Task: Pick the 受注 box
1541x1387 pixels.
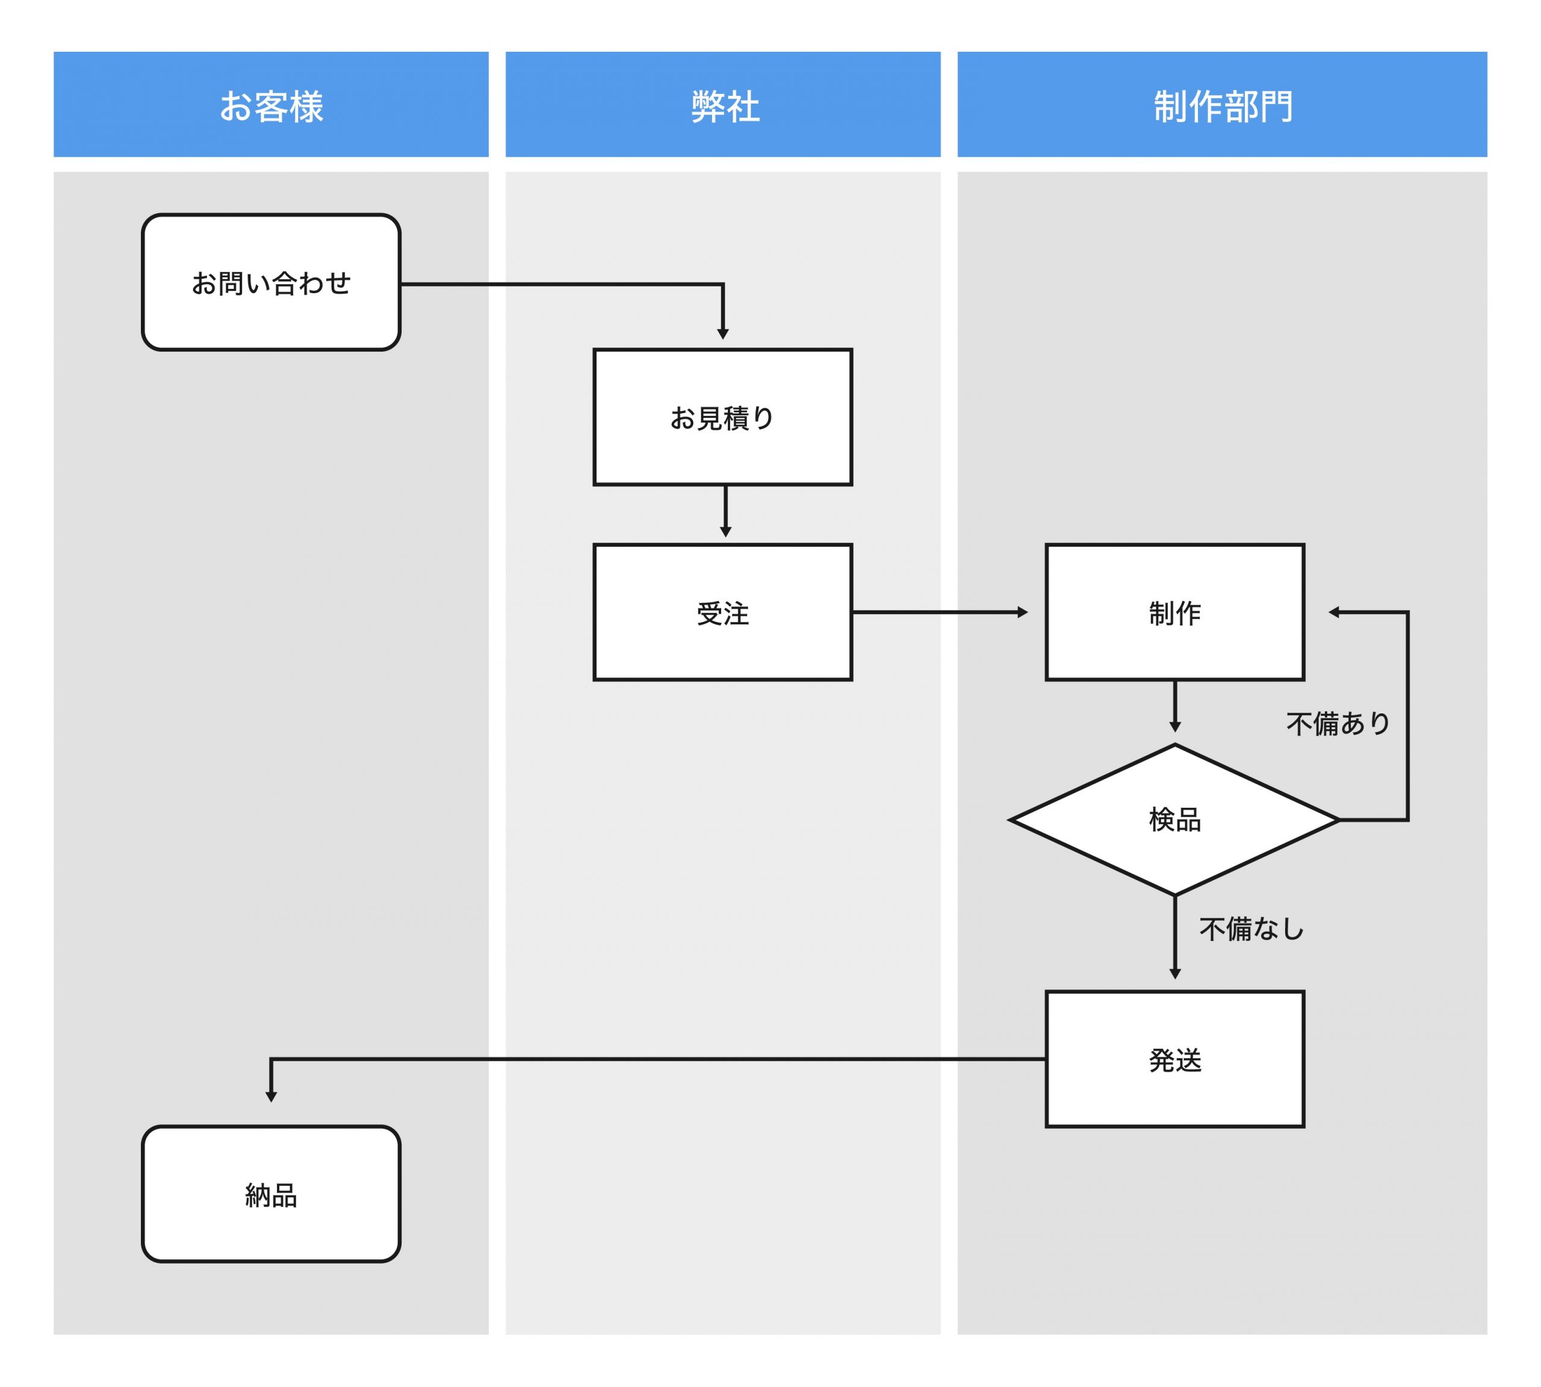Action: click(722, 612)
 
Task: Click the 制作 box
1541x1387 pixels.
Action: click(1174, 612)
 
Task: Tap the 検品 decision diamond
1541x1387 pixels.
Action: click(1174, 820)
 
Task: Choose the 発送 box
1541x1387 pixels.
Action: click(1174, 1060)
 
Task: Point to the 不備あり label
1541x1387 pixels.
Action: click(1338, 723)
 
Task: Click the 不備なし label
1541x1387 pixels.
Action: click(1251, 929)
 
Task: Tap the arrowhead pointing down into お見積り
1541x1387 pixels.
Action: click(722, 334)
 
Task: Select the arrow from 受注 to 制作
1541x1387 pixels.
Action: click(939, 612)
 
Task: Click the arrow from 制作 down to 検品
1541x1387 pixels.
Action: click(1174, 706)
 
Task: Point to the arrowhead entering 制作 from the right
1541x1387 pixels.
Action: click(1334, 612)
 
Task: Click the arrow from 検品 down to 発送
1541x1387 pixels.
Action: click(1174, 937)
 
